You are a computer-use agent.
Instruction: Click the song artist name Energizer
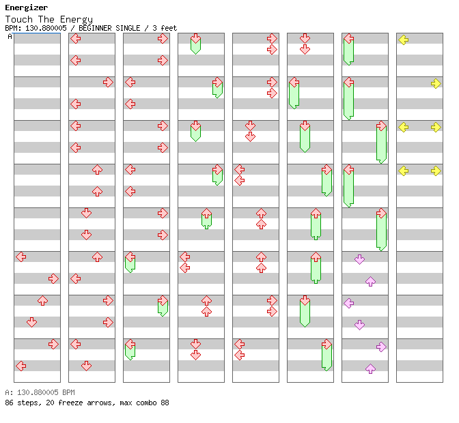coord(26,8)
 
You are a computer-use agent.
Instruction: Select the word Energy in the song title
coord(77,19)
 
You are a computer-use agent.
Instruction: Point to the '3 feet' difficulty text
coord(164,28)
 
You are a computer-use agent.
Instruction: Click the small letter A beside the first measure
coord(10,36)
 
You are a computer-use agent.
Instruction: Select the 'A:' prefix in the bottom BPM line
coord(8,393)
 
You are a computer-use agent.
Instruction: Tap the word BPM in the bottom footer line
coord(66,393)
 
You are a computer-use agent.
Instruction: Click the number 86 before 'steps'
coord(9,403)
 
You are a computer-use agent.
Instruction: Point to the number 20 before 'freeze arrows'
coord(48,403)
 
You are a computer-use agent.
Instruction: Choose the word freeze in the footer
coord(68,403)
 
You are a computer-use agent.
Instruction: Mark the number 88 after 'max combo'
coord(165,403)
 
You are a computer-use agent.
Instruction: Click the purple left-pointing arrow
coord(349,303)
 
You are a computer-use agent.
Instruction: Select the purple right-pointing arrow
coord(381,347)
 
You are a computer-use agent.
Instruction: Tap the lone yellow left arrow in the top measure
coord(404,40)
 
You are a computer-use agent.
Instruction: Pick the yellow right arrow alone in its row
coord(436,83)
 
